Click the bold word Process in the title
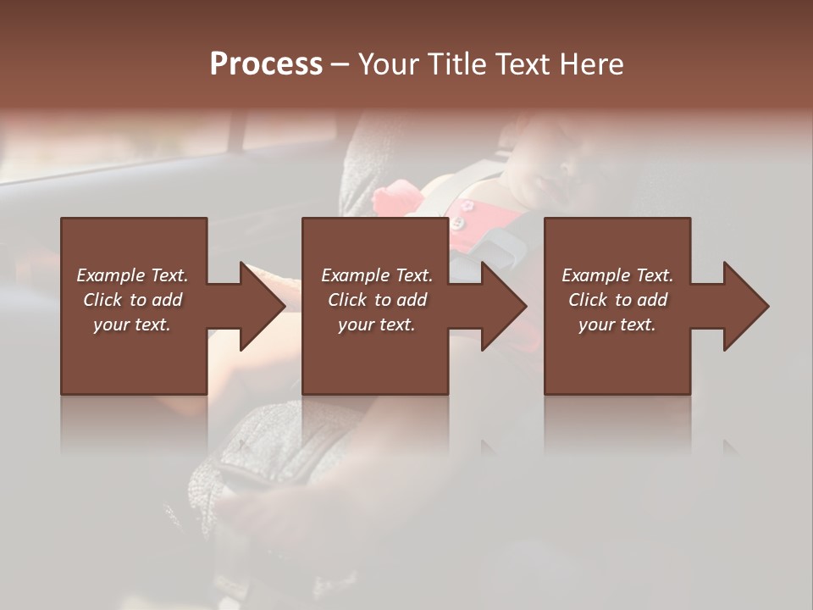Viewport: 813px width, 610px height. click(x=266, y=64)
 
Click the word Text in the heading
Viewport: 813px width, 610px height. click(x=522, y=64)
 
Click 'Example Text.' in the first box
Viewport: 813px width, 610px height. click(x=132, y=275)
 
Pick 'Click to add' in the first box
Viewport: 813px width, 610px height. click(x=132, y=300)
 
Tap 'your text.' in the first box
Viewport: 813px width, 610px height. click(x=132, y=324)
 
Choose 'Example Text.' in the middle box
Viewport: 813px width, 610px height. click(x=377, y=275)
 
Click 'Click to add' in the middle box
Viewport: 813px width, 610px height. click(x=377, y=300)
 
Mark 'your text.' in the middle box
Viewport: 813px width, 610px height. click(x=377, y=324)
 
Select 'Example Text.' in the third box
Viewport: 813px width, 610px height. click(x=617, y=275)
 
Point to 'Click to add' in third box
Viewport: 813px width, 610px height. click(x=617, y=300)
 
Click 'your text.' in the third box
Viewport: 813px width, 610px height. click(x=617, y=324)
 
